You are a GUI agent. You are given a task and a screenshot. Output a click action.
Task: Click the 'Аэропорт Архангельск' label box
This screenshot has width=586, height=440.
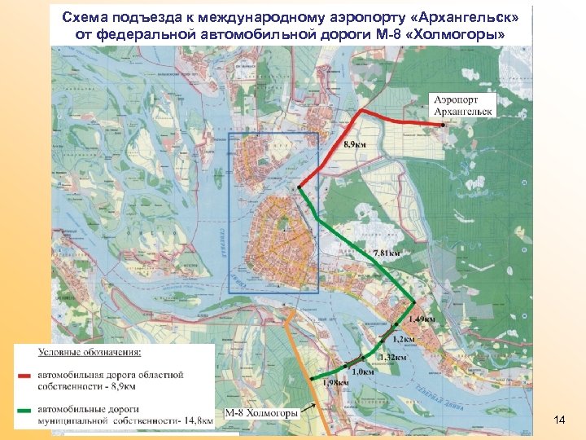click(x=461, y=105)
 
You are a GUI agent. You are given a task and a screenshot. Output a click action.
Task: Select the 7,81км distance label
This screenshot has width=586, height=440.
click(x=387, y=253)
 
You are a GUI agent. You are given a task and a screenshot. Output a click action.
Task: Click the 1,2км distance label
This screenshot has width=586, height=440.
click(x=404, y=339)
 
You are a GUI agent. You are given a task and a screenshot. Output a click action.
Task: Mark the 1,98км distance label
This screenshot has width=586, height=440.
click(x=336, y=382)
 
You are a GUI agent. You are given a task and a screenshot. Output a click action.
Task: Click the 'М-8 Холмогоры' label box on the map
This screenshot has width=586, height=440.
click(x=262, y=413)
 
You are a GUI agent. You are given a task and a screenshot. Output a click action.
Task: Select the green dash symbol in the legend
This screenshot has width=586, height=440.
click(x=26, y=409)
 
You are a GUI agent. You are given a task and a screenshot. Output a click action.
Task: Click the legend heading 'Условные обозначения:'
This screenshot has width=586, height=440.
click(x=90, y=353)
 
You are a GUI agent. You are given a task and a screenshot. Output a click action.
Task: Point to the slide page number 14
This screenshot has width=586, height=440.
click(x=559, y=420)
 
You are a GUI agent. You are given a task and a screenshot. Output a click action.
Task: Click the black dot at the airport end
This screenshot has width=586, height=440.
click(x=443, y=125)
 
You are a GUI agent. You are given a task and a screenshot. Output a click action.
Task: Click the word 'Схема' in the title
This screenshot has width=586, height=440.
click(x=84, y=17)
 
